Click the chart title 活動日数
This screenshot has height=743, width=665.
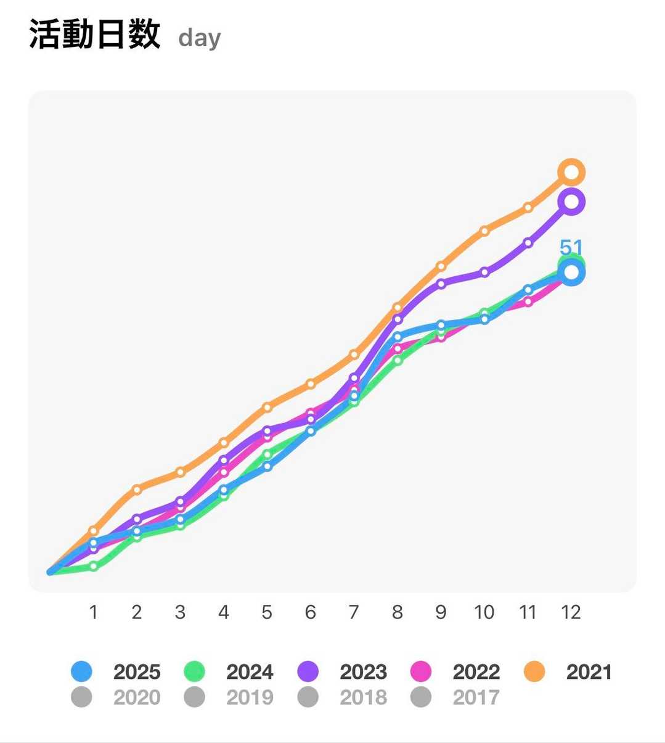coord(95,35)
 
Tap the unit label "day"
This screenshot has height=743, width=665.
coord(199,38)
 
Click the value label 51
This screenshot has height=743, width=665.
coord(571,247)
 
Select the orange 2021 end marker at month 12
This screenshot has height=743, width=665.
coord(571,172)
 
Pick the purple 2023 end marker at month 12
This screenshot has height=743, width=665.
coord(571,202)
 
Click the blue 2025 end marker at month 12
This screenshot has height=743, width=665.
coord(571,273)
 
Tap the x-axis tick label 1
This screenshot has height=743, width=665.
coord(94,612)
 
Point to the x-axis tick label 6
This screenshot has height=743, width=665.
coord(311,612)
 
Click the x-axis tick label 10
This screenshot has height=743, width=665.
coord(484,612)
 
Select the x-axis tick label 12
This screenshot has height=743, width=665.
coord(571,612)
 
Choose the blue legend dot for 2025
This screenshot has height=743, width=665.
coord(81,671)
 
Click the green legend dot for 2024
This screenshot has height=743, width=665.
coord(194,671)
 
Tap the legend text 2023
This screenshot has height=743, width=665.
coord(363,671)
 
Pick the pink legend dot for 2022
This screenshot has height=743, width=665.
coord(421,671)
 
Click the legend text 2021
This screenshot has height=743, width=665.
coord(589,671)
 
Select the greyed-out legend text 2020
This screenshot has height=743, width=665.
coord(137,697)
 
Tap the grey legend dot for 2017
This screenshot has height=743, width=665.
coord(421,697)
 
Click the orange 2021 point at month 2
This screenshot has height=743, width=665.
coord(137,490)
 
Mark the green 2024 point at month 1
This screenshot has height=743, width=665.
coord(94,566)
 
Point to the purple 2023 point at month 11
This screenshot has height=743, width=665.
coord(528,243)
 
